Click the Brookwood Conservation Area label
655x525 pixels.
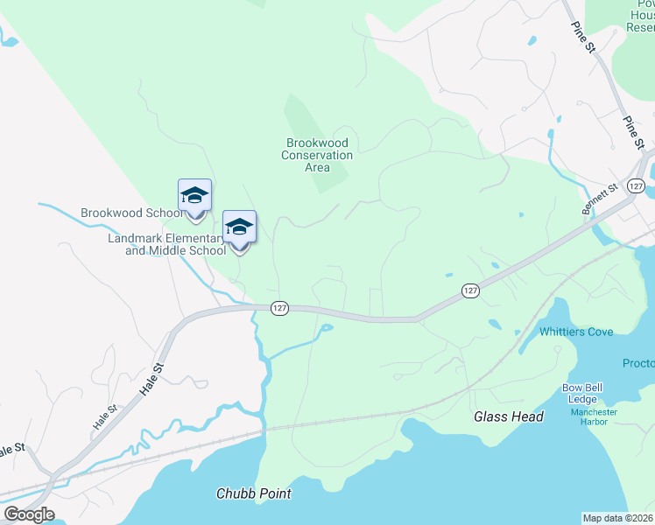click(x=317, y=155)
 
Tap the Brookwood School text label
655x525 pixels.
click(x=130, y=213)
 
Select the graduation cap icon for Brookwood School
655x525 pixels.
click(x=194, y=196)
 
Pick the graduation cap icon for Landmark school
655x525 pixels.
click(x=239, y=227)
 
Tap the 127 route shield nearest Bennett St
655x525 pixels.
click(x=637, y=186)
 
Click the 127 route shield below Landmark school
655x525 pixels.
click(x=279, y=308)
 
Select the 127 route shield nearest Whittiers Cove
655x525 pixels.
click(x=470, y=290)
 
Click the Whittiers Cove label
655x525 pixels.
click(x=575, y=332)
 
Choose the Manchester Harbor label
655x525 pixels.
click(x=594, y=417)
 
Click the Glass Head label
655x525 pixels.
click(x=509, y=417)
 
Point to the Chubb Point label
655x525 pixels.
click(x=253, y=493)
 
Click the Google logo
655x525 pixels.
click(x=29, y=514)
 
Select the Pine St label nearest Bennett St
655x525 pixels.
click(x=633, y=131)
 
